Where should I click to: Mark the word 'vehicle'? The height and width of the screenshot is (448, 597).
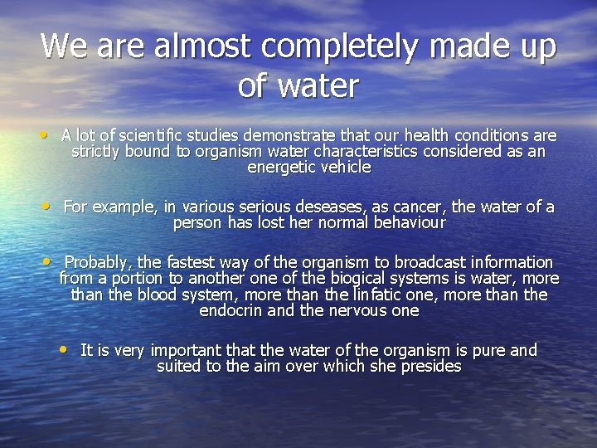tap(344, 167)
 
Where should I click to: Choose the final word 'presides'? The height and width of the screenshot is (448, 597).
tap(427, 366)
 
